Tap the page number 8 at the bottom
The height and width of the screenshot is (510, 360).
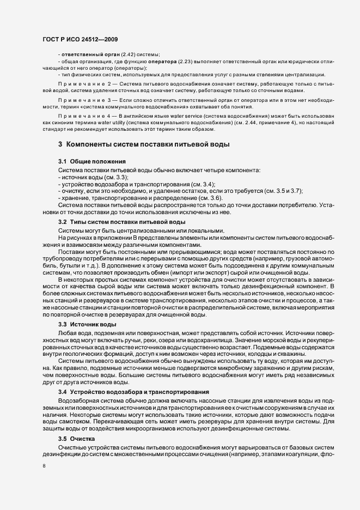[44, 466]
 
